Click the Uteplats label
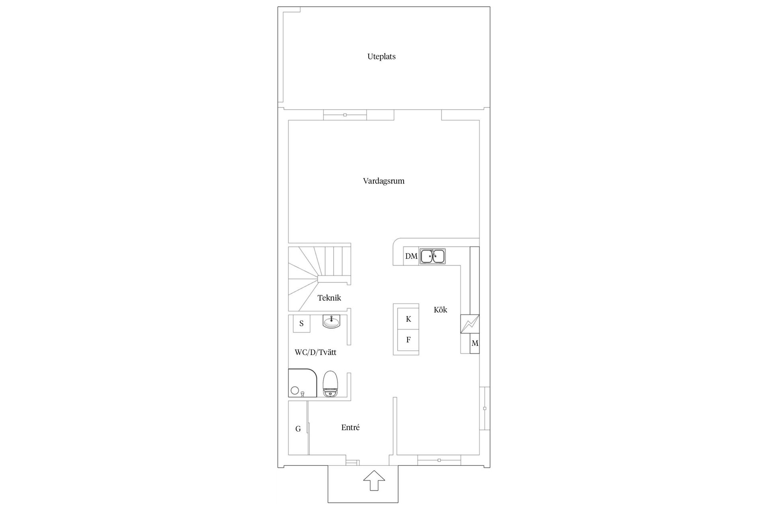(x=381, y=57)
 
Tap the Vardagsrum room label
(x=383, y=181)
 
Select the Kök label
(x=440, y=310)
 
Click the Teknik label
(x=329, y=298)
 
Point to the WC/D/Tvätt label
(x=315, y=352)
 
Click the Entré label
(x=350, y=428)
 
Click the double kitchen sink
(x=432, y=256)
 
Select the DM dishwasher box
(x=411, y=256)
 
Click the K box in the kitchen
(x=408, y=319)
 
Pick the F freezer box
(x=408, y=340)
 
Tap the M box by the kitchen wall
(x=475, y=343)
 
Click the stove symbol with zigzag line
(x=470, y=324)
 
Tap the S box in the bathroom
(x=302, y=324)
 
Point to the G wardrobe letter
(x=298, y=429)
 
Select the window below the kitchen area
(x=439, y=460)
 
